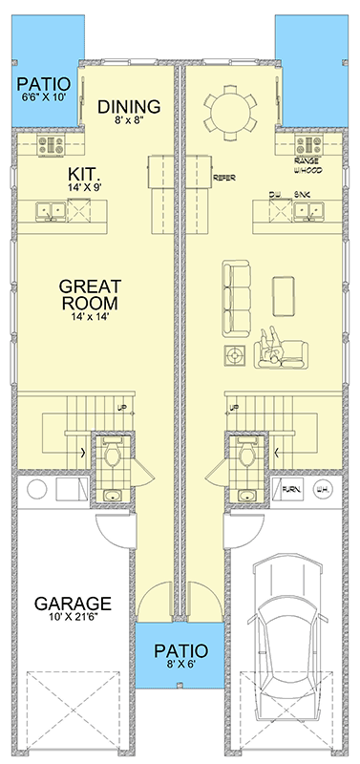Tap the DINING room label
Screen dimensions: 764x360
pyautogui.click(x=129, y=107)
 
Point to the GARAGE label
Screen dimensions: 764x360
pyautogui.click(x=74, y=604)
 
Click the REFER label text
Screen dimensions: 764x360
pyautogui.click(x=224, y=178)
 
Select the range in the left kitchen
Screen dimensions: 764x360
pyautogui.click(x=50, y=146)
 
